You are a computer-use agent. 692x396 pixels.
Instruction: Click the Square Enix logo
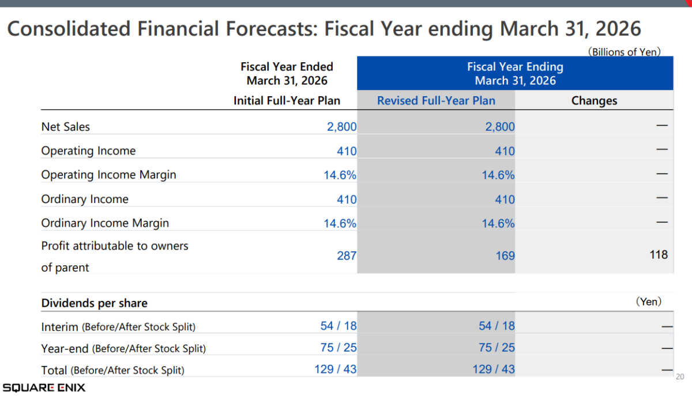coord(44,387)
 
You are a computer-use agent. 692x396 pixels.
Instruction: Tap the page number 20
coord(679,377)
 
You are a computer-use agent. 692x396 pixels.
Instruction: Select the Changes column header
coord(594,101)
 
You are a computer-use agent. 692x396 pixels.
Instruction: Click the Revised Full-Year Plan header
coord(436,101)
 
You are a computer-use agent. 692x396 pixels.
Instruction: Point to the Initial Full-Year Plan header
coord(287,101)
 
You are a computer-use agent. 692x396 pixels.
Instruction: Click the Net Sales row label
coord(66,127)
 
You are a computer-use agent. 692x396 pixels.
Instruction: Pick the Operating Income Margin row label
coord(108,175)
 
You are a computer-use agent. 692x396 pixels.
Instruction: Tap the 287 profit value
coord(347,255)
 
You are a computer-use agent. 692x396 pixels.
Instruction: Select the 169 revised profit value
coord(505,255)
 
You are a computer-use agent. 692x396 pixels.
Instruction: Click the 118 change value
coord(658,254)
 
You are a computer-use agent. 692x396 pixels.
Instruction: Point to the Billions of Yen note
coord(624,52)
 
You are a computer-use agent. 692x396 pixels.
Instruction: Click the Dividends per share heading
coord(94,303)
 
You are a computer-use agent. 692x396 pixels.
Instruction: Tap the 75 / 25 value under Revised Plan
coord(497,348)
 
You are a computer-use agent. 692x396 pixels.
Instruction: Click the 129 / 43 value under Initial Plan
coord(336,369)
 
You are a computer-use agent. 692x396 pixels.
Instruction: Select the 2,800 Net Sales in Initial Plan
coord(341,127)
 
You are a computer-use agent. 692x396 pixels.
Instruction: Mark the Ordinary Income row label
coord(85,199)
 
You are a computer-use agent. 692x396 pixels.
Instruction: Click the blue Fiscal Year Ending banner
coord(515,73)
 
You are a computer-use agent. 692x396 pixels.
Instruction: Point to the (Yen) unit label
coord(648,301)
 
